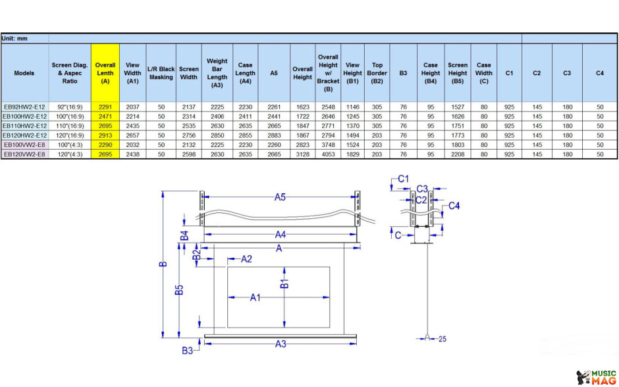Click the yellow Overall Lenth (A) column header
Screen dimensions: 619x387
point(105,73)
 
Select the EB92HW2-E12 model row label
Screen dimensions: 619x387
point(25,107)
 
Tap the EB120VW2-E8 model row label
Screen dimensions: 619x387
point(25,154)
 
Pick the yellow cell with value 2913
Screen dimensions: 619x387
point(105,135)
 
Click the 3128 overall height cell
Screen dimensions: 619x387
point(302,154)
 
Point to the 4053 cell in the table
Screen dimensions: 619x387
point(328,154)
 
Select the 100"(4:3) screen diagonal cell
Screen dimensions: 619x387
point(70,144)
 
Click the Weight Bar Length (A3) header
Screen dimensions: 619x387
point(217,73)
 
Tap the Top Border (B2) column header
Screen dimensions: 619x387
point(377,73)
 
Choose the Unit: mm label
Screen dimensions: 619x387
point(14,39)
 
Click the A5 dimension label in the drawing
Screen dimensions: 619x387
point(280,197)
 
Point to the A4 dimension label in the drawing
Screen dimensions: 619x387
point(281,235)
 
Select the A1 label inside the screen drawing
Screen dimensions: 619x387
point(256,297)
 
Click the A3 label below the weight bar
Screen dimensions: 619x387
point(281,344)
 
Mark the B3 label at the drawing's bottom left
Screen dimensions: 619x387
point(188,350)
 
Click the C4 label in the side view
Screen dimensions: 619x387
point(454,206)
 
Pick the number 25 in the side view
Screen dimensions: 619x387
point(443,339)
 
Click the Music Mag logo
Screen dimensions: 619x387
point(596,377)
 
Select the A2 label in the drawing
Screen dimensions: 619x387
point(246,259)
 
